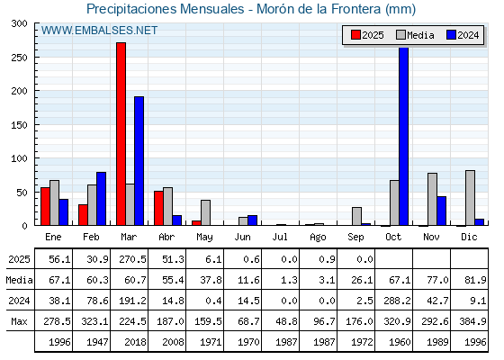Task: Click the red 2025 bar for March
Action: pyautogui.click(x=121, y=134)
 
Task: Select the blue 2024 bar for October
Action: pyautogui.click(x=403, y=136)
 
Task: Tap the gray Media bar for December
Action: pyautogui.click(x=470, y=198)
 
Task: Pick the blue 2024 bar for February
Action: pyautogui.click(x=101, y=199)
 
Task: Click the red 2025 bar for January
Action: pyautogui.click(x=45, y=206)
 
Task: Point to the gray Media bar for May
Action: pyautogui.click(x=206, y=212)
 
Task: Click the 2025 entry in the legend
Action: pyautogui.click(x=367, y=35)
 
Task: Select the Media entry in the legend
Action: pyautogui.click(x=415, y=35)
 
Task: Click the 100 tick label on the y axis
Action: pyautogui.click(x=19, y=158)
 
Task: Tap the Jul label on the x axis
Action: pyautogui.click(x=280, y=238)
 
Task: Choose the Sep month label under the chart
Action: pyautogui.click(x=355, y=238)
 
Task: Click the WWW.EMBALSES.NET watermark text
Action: pyautogui.click(x=99, y=31)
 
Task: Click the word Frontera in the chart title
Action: pyautogui.click(x=355, y=9)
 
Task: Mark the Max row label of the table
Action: pyautogui.click(x=19, y=321)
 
